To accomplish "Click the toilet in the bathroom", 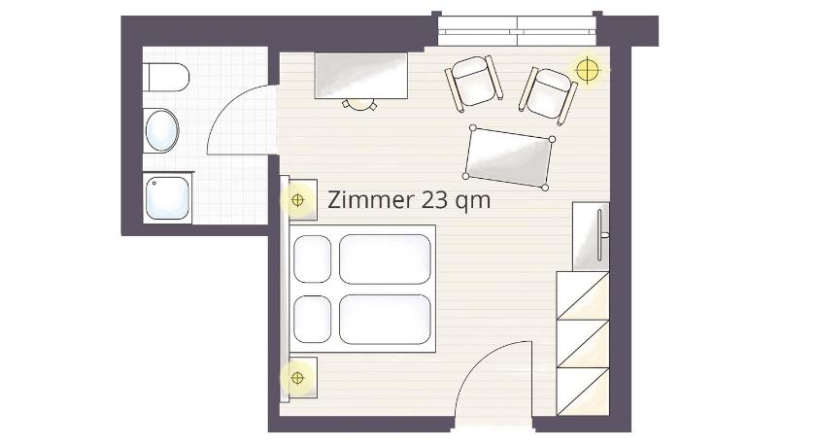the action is coord(165,77).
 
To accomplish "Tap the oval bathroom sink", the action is coord(162,130).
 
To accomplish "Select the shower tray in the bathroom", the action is coord(167,198).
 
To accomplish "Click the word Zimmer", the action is coord(371,200).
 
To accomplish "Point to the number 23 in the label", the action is coord(434,200).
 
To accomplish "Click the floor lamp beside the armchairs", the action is coord(588,69).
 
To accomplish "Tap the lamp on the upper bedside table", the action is coord(297,200).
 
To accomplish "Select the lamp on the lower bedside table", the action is coord(297,378).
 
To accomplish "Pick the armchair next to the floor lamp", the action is coord(548,95).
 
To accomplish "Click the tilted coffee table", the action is coord(509,157).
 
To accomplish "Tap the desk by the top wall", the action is coord(360,76).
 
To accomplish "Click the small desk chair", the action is coord(359,105).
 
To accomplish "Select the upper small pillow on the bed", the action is coord(312,259).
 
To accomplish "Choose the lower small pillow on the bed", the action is coord(312,320).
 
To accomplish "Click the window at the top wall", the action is coord(517,30).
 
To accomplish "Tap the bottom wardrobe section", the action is coord(583,392).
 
